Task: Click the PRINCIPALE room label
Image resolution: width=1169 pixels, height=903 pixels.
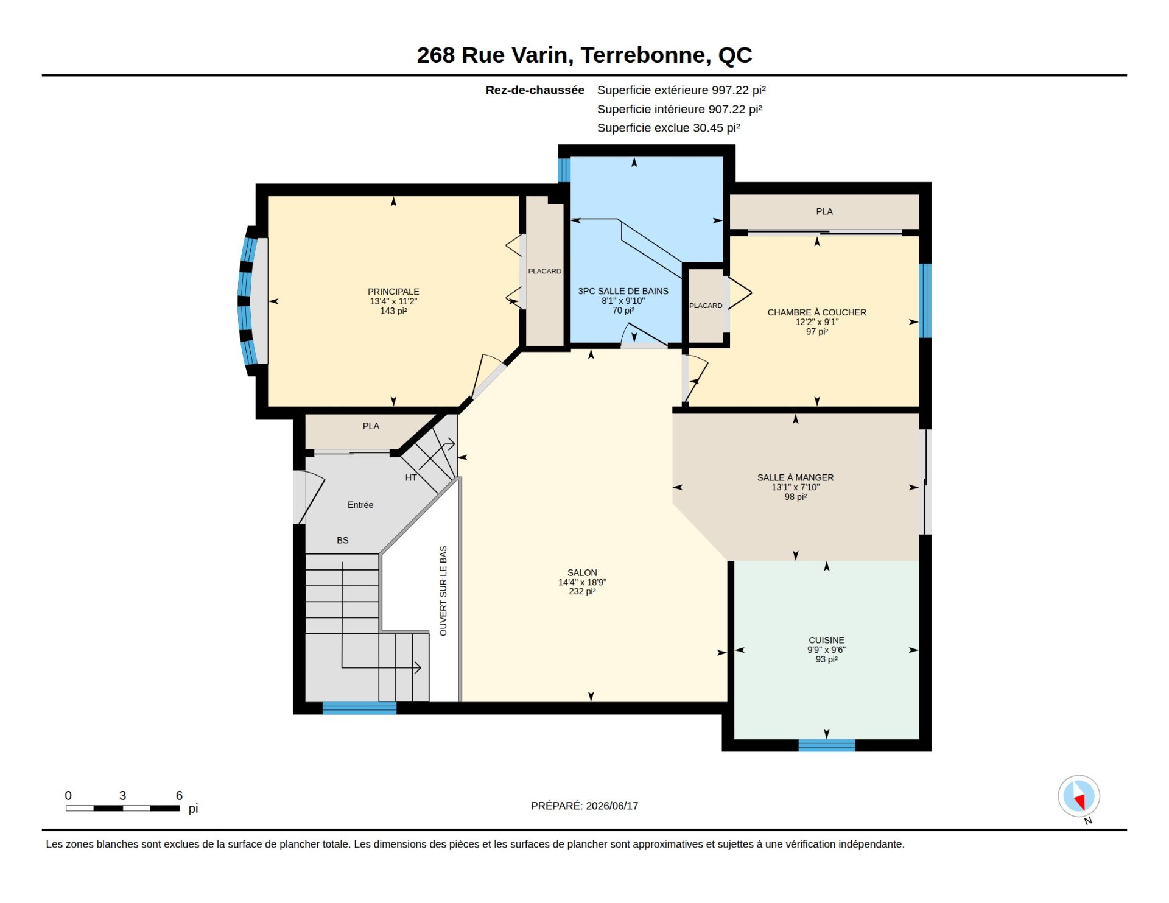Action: click(x=393, y=292)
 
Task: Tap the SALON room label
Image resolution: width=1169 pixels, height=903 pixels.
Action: click(x=582, y=572)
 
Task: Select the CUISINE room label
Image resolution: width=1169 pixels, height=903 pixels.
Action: click(x=826, y=640)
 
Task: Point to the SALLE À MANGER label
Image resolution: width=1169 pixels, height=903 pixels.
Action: click(x=795, y=477)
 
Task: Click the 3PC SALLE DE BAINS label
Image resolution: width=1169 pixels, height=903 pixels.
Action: click(x=623, y=291)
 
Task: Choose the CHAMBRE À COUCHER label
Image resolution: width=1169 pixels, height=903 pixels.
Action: click(x=816, y=312)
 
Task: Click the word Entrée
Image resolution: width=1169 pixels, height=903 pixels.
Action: click(x=360, y=505)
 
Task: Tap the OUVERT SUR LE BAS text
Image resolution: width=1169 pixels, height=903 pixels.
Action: click(x=443, y=591)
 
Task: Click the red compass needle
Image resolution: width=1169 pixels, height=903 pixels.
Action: click(x=1080, y=801)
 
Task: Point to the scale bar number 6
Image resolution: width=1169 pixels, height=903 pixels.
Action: click(x=179, y=795)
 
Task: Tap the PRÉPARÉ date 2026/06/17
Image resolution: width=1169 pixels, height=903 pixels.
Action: click(x=612, y=806)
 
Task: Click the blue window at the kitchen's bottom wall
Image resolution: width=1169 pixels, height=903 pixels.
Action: click(x=826, y=745)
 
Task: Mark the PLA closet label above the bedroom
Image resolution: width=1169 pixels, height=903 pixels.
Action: click(x=824, y=211)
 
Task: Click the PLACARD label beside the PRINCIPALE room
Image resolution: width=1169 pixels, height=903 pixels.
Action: click(x=544, y=271)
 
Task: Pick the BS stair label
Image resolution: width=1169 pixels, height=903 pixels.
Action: click(x=343, y=540)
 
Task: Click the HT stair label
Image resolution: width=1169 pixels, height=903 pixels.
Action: click(x=411, y=478)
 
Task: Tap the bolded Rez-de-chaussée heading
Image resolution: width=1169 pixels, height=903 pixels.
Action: click(x=535, y=90)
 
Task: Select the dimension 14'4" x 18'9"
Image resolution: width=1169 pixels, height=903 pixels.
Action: click(x=582, y=582)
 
